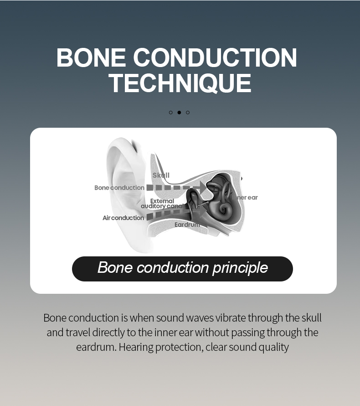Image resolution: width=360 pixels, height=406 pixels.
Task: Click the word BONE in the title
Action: (x=91, y=58)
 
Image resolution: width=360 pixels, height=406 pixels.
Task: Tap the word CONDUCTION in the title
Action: (x=215, y=58)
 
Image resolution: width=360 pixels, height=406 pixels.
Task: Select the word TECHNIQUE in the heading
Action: (x=180, y=83)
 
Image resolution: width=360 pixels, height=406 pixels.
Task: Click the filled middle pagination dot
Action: (x=179, y=112)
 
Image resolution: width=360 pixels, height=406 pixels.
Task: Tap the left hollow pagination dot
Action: (x=171, y=112)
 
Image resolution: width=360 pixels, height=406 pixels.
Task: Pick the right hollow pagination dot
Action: (x=187, y=112)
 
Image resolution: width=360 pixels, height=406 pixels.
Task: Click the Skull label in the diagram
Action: (x=161, y=175)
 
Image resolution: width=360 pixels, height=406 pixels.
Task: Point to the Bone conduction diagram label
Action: (x=119, y=187)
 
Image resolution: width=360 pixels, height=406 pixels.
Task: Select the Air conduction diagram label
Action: (x=123, y=218)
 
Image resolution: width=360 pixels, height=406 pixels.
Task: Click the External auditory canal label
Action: (x=162, y=203)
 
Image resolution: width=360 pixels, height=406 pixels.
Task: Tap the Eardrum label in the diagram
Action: (x=187, y=224)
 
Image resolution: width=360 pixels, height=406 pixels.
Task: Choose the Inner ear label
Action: (x=246, y=198)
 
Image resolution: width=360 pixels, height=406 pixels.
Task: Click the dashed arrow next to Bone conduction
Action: (x=175, y=187)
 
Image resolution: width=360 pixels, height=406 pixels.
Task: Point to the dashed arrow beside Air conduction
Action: (x=171, y=213)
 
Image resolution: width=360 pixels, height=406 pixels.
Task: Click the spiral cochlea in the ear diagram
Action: (x=224, y=209)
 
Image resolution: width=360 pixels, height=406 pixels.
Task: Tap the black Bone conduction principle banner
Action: (x=182, y=269)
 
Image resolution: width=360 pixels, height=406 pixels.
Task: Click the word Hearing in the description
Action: (x=136, y=347)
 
